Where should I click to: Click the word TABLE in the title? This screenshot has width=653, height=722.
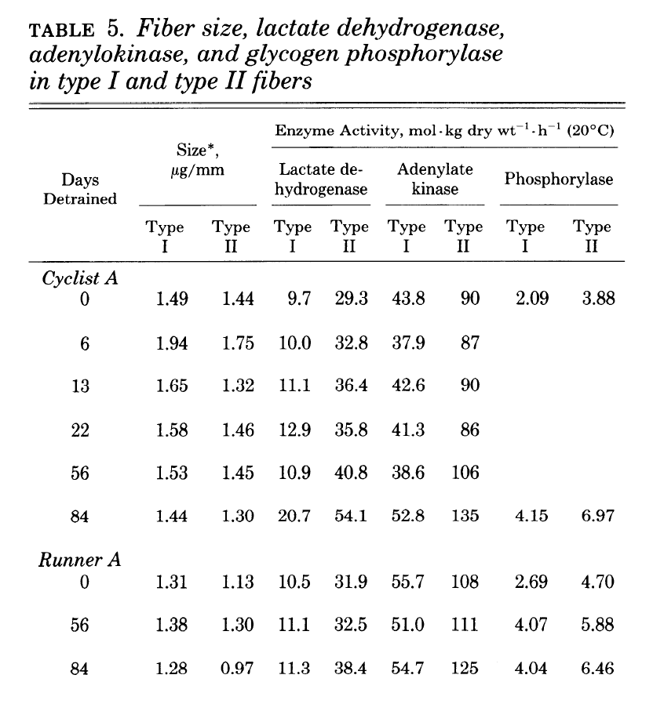[60, 32]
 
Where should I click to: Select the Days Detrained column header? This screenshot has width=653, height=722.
[79, 189]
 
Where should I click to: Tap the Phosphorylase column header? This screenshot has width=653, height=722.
[559, 180]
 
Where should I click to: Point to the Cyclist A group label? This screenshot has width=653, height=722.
[79, 278]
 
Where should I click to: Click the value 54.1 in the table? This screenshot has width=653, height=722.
[350, 515]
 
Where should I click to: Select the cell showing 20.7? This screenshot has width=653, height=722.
[294, 515]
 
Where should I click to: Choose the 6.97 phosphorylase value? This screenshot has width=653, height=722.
[594, 515]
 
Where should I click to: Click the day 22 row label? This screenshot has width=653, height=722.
[79, 429]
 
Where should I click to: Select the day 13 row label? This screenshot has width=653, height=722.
[79, 386]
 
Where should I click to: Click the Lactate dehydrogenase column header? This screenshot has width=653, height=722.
[323, 180]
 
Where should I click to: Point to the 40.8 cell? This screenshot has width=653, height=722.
[350, 472]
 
